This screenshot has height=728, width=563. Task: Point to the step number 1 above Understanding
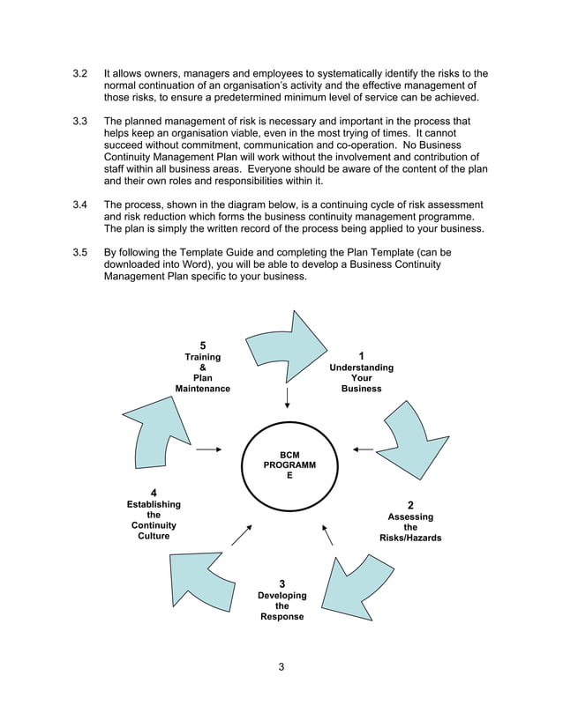(361, 356)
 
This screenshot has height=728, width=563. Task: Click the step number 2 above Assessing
(410, 505)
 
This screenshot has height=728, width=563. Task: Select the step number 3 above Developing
(281, 583)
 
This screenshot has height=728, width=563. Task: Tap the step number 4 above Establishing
(154, 492)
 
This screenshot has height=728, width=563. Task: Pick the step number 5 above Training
(202, 345)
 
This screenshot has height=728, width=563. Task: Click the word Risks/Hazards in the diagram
(410, 538)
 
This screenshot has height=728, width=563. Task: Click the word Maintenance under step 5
(202, 389)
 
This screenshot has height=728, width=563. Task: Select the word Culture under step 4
(154, 536)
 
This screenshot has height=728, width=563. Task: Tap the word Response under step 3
(281, 617)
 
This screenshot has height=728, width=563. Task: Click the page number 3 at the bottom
(281, 666)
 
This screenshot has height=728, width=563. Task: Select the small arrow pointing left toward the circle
(362, 449)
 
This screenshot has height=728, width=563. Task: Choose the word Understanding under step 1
(361, 368)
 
